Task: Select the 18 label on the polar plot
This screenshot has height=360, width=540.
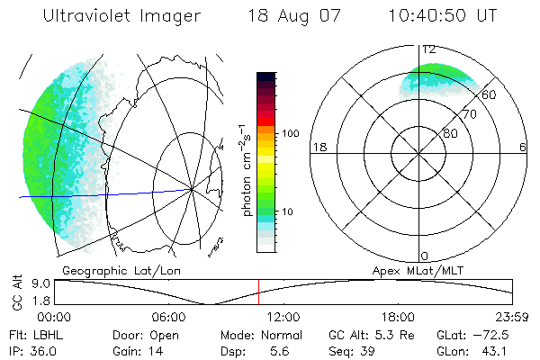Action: (318, 147)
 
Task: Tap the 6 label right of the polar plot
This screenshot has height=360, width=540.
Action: (524, 147)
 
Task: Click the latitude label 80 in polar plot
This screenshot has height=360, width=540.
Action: (450, 132)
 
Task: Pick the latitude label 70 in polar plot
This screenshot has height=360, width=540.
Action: (468, 114)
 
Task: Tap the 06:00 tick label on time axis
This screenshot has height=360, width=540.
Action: (168, 317)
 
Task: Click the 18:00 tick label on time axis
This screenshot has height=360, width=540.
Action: (398, 317)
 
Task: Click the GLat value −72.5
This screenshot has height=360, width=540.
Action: (494, 335)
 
